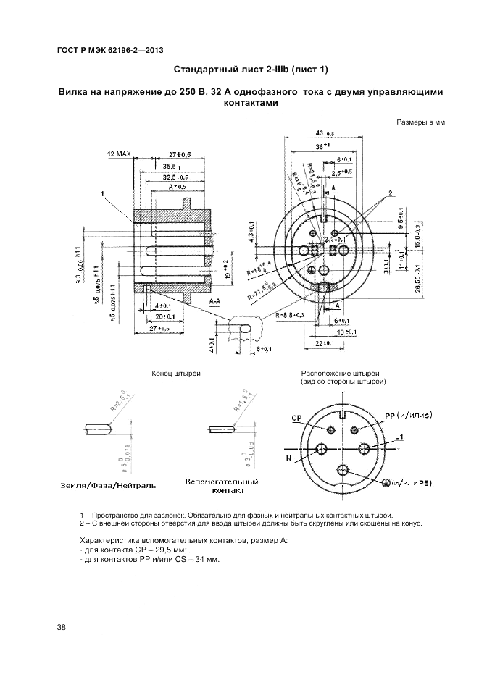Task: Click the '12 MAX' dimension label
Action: pos(120,155)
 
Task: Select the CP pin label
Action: pos(296,419)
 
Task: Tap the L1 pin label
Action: pos(399,437)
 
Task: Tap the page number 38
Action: pos(61,627)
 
